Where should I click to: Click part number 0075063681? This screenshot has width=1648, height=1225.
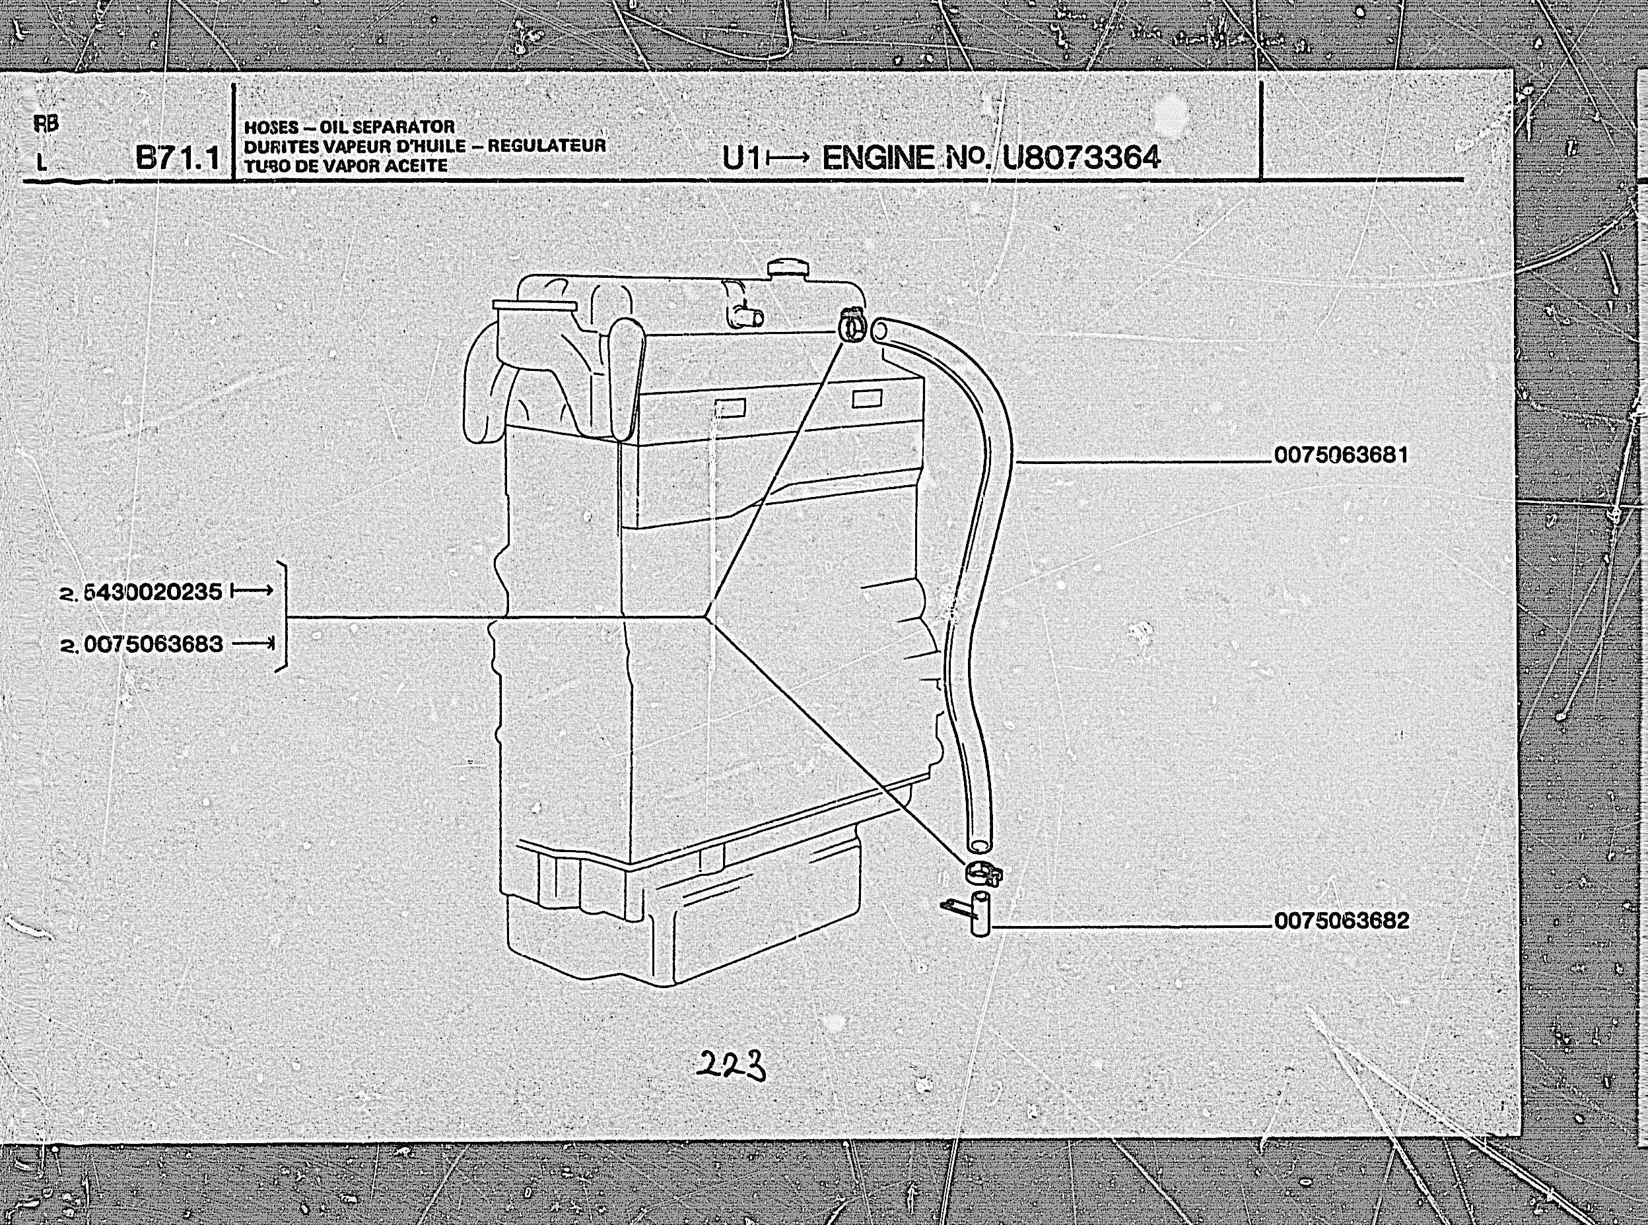(1340, 455)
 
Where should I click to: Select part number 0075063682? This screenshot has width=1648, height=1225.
(1341, 921)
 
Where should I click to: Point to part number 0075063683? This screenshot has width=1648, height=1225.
(153, 644)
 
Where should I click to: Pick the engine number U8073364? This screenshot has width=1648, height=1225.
(1081, 157)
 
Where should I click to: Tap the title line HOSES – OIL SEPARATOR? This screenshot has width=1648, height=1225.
(349, 127)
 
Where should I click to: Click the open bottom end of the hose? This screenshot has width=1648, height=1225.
(978, 845)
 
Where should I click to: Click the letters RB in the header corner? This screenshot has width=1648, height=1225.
(46, 124)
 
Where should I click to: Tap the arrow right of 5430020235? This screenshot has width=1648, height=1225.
(252, 591)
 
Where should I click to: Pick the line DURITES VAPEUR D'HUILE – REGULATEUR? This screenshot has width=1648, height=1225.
(425, 146)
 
